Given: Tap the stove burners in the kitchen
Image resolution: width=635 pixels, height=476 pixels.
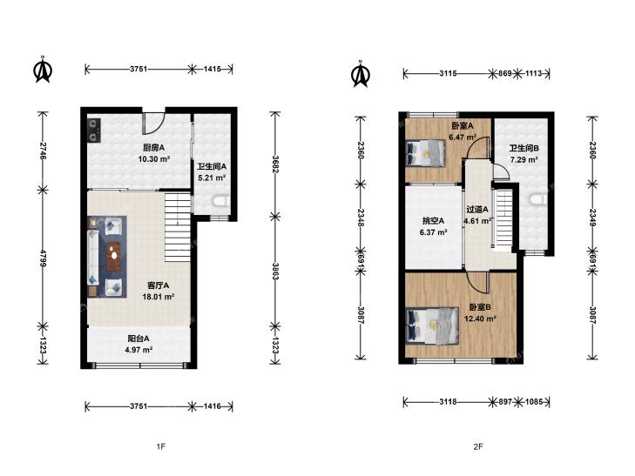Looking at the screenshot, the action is click(94, 130).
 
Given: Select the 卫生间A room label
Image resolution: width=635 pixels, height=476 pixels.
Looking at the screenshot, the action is click(212, 166).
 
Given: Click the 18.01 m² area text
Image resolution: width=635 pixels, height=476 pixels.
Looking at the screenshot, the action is click(159, 297).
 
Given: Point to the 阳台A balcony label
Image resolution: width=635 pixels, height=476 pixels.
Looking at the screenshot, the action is click(138, 339).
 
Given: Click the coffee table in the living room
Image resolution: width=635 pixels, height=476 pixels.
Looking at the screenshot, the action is click(115, 257).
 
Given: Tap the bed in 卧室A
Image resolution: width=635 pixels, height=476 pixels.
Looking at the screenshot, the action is click(425, 153).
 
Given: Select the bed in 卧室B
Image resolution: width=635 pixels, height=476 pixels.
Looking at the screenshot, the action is click(432, 326).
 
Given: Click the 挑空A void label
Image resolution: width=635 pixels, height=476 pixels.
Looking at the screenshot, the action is click(433, 221).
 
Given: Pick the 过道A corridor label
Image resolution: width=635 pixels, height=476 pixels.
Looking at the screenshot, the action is click(477, 210).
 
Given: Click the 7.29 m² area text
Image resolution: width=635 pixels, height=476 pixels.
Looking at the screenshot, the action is click(524, 160).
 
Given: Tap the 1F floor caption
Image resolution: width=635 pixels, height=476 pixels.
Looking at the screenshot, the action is click(161, 446).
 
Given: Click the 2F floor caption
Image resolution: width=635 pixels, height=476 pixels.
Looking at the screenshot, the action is click(478, 446).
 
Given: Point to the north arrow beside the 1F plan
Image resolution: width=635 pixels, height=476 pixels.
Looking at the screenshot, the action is click(43, 70).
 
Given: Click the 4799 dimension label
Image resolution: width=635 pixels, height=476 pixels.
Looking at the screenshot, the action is click(43, 258).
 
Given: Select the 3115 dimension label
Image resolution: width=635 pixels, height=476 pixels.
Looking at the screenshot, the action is click(448, 74).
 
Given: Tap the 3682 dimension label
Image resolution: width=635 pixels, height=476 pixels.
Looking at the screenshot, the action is click(275, 164).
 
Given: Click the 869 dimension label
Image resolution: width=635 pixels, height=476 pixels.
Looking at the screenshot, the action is click(504, 74).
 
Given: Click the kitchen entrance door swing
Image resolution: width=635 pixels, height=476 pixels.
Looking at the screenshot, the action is click(153, 124).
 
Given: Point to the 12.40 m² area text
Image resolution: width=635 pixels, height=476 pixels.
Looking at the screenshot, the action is click(480, 318).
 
